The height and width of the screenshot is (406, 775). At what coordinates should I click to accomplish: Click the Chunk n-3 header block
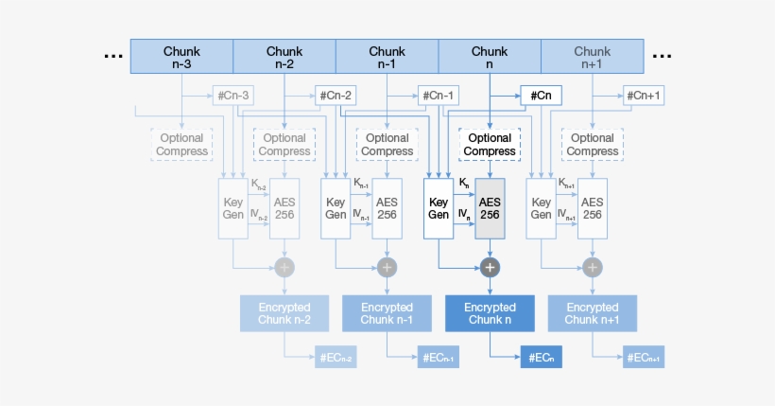pyautogui.click(x=181, y=57)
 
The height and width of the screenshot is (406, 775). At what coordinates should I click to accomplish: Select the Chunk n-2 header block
pyautogui.click(x=284, y=57)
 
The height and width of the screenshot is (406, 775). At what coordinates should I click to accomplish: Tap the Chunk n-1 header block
pyautogui.click(x=387, y=57)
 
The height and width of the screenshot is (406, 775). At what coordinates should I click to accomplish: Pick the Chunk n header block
pyautogui.click(x=490, y=57)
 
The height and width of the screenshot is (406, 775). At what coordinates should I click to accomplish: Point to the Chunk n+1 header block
pyautogui.click(x=592, y=57)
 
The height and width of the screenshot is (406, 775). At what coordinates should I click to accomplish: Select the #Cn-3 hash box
pyautogui.click(x=232, y=96)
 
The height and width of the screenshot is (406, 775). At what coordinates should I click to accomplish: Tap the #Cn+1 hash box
pyautogui.click(x=644, y=96)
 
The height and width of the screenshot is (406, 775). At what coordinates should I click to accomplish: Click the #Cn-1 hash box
pyautogui.click(x=439, y=96)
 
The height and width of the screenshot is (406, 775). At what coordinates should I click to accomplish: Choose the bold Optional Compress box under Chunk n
pyautogui.click(x=490, y=145)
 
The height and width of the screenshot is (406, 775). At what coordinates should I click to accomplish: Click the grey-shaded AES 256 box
pyautogui.click(x=490, y=208)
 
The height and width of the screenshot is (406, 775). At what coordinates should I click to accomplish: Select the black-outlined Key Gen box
pyautogui.click(x=439, y=208)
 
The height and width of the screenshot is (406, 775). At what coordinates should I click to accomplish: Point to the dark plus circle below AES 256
pyautogui.click(x=490, y=268)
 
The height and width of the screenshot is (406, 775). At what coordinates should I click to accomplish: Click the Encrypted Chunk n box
pyautogui.click(x=490, y=313)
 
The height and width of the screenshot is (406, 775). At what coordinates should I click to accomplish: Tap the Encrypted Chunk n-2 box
pyautogui.click(x=284, y=313)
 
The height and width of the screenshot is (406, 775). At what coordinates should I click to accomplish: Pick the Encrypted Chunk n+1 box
pyautogui.click(x=592, y=313)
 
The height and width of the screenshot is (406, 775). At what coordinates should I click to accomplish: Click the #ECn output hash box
pyautogui.click(x=542, y=357)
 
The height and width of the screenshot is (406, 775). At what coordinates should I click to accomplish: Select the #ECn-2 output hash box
pyautogui.click(x=336, y=357)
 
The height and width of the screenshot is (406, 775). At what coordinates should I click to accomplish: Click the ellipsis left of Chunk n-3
pyautogui.click(x=113, y=57)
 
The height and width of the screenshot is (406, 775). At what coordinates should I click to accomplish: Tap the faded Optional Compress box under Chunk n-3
pyautogui.click(x=181, y=145)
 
